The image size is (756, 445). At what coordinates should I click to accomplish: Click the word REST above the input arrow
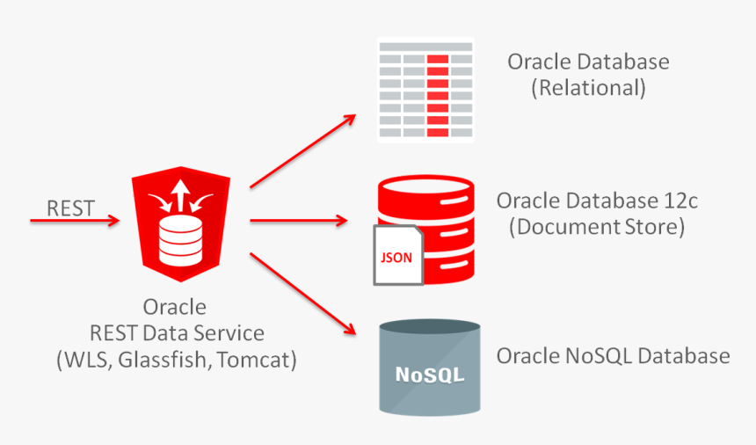click(70, 208)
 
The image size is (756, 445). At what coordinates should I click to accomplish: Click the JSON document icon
click(397, 256)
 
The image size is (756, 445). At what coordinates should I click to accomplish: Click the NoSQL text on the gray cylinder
click(429, 375)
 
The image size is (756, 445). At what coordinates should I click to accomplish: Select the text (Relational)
click(588, 87)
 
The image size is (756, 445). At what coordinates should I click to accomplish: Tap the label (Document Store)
click(596, 226)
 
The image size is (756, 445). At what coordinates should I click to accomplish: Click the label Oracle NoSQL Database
click(613, 356)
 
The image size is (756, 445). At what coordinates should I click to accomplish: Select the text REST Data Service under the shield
click(176, 333)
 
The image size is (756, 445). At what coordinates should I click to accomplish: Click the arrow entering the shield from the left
click(75, 222)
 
